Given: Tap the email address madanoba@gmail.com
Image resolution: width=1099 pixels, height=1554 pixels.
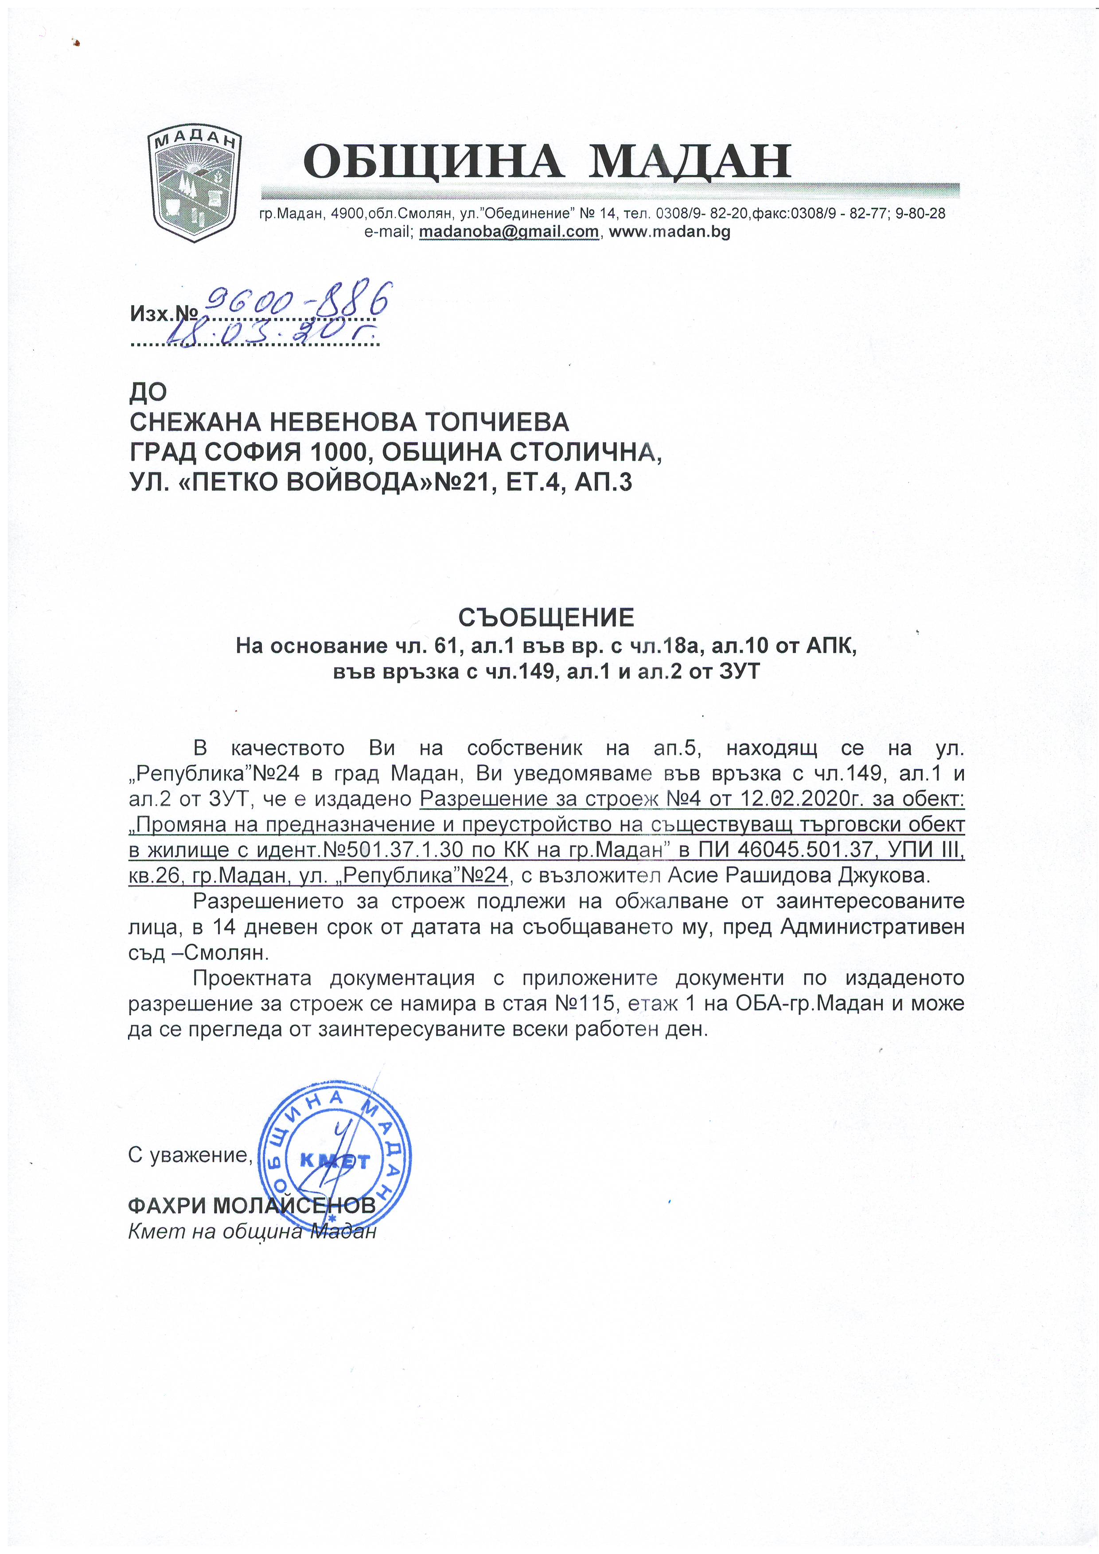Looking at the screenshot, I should (x=509, y=232).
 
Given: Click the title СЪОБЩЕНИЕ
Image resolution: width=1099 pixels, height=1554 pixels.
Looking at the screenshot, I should (x=546, y=617).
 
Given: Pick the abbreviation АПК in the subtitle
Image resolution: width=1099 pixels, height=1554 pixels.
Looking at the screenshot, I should (x=831, y=646).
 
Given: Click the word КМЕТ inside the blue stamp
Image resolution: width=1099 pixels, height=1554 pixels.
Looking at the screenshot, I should (x=335, y=1162).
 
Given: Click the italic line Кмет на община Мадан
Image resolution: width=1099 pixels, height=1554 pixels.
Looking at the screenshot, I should (x=252, y=1231).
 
